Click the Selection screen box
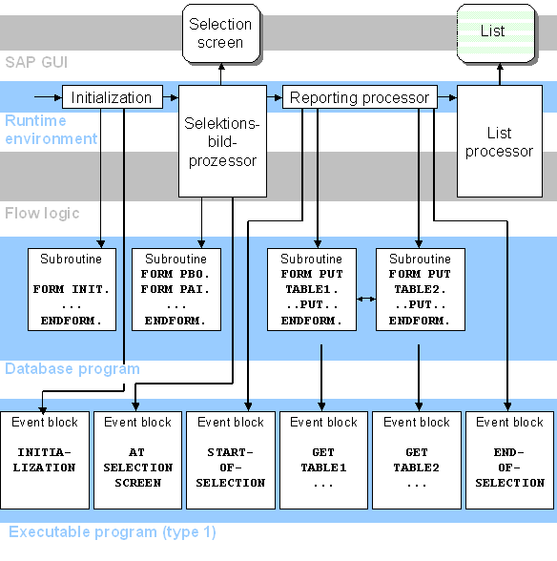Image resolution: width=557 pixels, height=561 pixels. (220, 33)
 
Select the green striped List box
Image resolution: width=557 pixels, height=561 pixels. (492, 31)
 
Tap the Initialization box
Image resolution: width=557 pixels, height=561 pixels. (112, 97)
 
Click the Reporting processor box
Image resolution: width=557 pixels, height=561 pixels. (360, 97)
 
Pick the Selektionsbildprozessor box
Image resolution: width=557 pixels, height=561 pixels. (221, 142)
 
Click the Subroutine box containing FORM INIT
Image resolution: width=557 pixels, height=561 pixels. (72, 289)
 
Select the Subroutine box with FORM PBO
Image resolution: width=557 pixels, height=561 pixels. (176, 289)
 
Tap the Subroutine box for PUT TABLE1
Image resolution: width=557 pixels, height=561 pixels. (311, 289)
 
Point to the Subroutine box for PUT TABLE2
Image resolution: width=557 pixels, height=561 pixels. (420, 289)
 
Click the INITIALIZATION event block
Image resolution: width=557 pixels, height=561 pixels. (45, 459)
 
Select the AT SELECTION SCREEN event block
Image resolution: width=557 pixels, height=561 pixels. (137, 459)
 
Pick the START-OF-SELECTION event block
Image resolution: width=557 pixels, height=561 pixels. (231, 459)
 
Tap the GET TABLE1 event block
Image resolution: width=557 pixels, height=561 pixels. (323, 459)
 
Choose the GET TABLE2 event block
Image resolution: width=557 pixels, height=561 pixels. (417, 459)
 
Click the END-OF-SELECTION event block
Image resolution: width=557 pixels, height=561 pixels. (509, 459)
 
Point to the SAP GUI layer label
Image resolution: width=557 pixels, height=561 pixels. (37, 62)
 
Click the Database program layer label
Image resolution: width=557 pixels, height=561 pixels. (72, 368)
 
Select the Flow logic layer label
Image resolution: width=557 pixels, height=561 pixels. (42, 213)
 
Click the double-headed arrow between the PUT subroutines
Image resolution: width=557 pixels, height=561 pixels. (365, 300)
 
